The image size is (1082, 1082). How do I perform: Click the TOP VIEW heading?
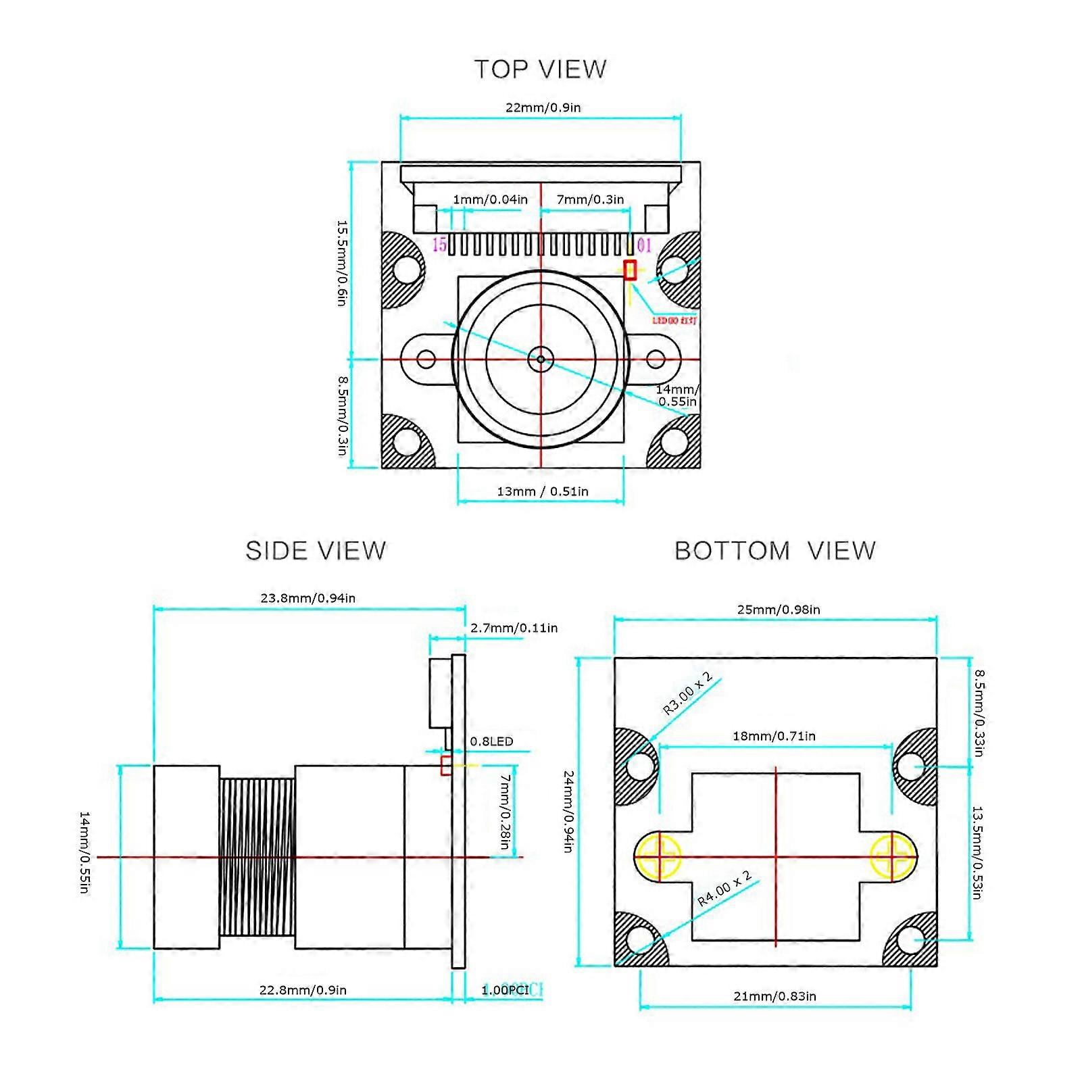[x=540, y=69]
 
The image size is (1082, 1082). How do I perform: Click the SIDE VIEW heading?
[x=316, y=551]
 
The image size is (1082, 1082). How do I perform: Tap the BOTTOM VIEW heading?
[x=775, y=551]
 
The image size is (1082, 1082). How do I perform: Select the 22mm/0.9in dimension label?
[x=543, y=107]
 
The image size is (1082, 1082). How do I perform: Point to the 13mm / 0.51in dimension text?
[x=542, y=491]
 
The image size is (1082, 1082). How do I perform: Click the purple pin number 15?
[x=439, y=245]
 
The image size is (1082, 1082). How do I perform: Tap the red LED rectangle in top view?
[x=631, y=270]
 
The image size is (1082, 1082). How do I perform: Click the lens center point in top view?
[x=540, y=359]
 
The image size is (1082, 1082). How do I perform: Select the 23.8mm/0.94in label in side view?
[x=308, y=598]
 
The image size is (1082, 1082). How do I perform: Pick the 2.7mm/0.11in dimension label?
[x=514, y=628]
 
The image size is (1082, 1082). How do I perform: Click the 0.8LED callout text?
[x=491, y=741]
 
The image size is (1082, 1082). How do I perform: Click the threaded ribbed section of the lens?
[x=257, y=857]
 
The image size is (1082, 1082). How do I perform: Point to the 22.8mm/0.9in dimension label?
[x=303, y=990]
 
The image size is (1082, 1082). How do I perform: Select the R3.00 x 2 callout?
[x=687, y=693]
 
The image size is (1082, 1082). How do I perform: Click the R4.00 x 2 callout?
[x=724, y=889]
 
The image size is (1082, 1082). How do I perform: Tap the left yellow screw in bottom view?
[x=657, y=857]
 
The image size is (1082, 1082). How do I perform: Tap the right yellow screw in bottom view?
[x=892, y=857]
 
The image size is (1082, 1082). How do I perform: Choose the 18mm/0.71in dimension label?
[x=774, y=736]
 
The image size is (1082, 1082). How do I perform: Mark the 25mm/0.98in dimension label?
[x=778, y=610]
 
